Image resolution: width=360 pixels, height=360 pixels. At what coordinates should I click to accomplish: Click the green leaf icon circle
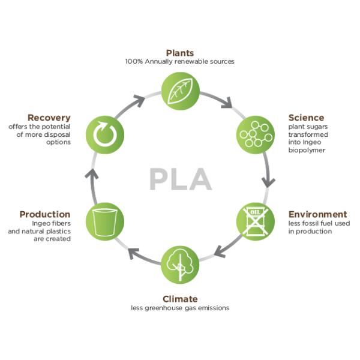[x=180, y=89]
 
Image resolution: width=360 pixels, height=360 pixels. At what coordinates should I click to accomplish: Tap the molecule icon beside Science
[x=255, y=133]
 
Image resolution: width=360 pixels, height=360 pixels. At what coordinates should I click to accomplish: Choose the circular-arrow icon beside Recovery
[x=105, y=133]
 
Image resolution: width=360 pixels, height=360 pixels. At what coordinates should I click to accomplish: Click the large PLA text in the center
[x=180, y=179]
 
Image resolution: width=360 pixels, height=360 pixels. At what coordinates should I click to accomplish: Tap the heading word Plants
[x=180, y=53]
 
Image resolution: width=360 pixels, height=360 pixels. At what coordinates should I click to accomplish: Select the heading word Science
[x=306, y=118]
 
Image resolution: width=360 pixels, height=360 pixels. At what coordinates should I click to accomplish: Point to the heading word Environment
[x=317, y=214]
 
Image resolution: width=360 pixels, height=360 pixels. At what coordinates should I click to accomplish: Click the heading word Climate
[x=180, y=299]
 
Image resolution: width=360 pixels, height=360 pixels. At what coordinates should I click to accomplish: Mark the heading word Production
[x=45, y=214]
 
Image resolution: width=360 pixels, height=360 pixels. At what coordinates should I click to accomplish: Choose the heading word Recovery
[x=49, y=118]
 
